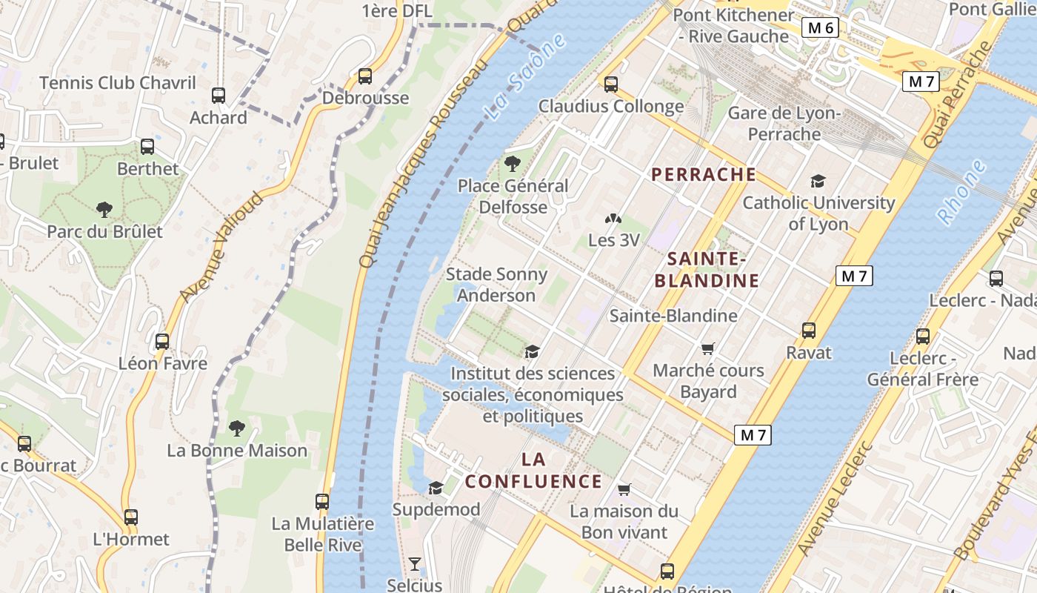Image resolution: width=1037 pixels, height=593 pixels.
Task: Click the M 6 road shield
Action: click(821, 28)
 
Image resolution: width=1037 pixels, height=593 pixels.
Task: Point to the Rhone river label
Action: click(962, 192)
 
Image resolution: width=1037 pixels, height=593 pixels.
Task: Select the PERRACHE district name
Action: click(704, 175)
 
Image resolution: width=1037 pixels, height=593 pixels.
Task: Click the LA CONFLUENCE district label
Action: click(533, 471)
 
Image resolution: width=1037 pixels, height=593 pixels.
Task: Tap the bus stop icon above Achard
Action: click(219, 96)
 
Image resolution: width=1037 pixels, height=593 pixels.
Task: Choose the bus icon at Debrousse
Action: click(364, 76)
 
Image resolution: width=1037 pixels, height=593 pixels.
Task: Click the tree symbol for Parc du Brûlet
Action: click(104, 210)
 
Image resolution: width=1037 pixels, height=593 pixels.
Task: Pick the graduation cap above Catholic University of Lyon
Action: click(818, 182)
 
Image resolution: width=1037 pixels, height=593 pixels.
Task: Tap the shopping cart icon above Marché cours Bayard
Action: click(708, 348)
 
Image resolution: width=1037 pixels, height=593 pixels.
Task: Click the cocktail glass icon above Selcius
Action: click(415, 564)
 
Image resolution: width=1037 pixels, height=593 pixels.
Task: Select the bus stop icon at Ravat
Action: click(809, 331)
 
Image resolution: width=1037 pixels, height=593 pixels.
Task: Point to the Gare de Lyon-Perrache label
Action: click(784, 124)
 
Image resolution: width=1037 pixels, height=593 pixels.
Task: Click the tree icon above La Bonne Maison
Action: click(237, 428)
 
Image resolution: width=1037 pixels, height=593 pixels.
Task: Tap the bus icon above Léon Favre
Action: click(162, 342)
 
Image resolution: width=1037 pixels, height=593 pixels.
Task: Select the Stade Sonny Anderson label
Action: click(496, 285)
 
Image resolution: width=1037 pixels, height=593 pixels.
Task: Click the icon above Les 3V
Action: click(613, 219)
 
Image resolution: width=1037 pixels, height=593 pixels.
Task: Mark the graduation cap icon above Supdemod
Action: click(436, 488)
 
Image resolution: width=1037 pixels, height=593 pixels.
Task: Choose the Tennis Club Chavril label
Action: click(118, 82)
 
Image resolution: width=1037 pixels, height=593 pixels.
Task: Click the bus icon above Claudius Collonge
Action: click(611, 85)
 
